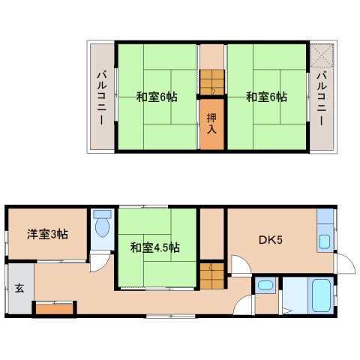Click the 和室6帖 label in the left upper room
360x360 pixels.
[x=156, y=97]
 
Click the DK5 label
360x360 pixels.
[x=270, y=240]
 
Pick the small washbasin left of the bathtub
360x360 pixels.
[x=265, y=286]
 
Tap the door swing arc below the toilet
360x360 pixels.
[x=98, y=264]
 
